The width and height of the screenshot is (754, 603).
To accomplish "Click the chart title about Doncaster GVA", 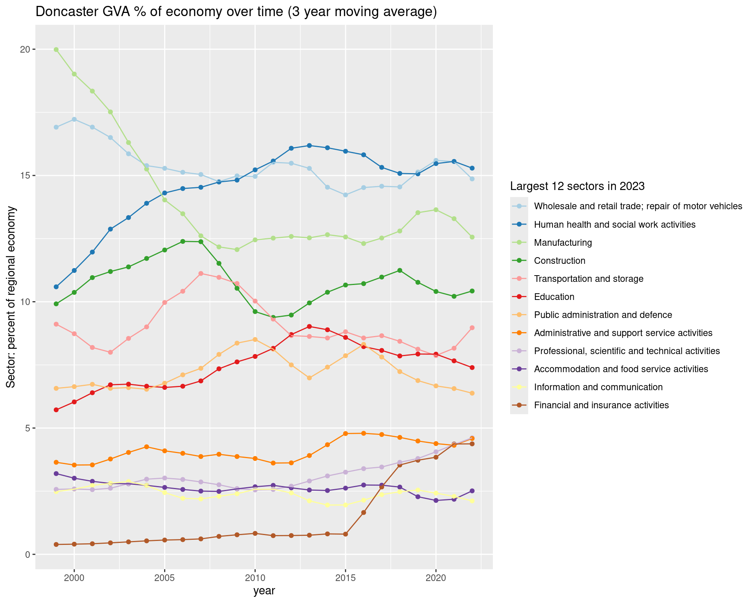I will pos(236,12).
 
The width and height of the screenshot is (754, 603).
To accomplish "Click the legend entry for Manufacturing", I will pos(563,243).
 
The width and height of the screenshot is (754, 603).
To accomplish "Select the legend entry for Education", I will pos(554,297).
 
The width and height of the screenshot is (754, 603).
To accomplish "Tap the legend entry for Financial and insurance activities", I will pos(601,405).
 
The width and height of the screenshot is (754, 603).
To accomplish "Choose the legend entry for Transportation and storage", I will pos(589,279).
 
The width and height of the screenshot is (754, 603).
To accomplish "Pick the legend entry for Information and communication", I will pos(598,387).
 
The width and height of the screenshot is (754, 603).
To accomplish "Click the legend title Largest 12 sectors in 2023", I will pos(577,186).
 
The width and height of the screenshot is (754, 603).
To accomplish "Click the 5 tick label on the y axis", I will pos(27,428).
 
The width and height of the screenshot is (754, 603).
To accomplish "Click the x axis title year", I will pos(264,591).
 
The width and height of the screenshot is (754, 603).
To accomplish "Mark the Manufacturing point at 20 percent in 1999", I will pos(56,49).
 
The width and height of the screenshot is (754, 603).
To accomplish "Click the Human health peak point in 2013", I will pos(309,146).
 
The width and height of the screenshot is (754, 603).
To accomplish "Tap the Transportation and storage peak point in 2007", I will pos(201,273).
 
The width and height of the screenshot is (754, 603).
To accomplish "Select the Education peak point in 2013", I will pos(309,326).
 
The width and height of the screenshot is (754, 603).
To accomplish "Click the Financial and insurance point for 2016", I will pos(364,512).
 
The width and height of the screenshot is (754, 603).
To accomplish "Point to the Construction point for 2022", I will pos(472,291).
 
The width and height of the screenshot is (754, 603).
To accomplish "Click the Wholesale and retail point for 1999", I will pos(56,127).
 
